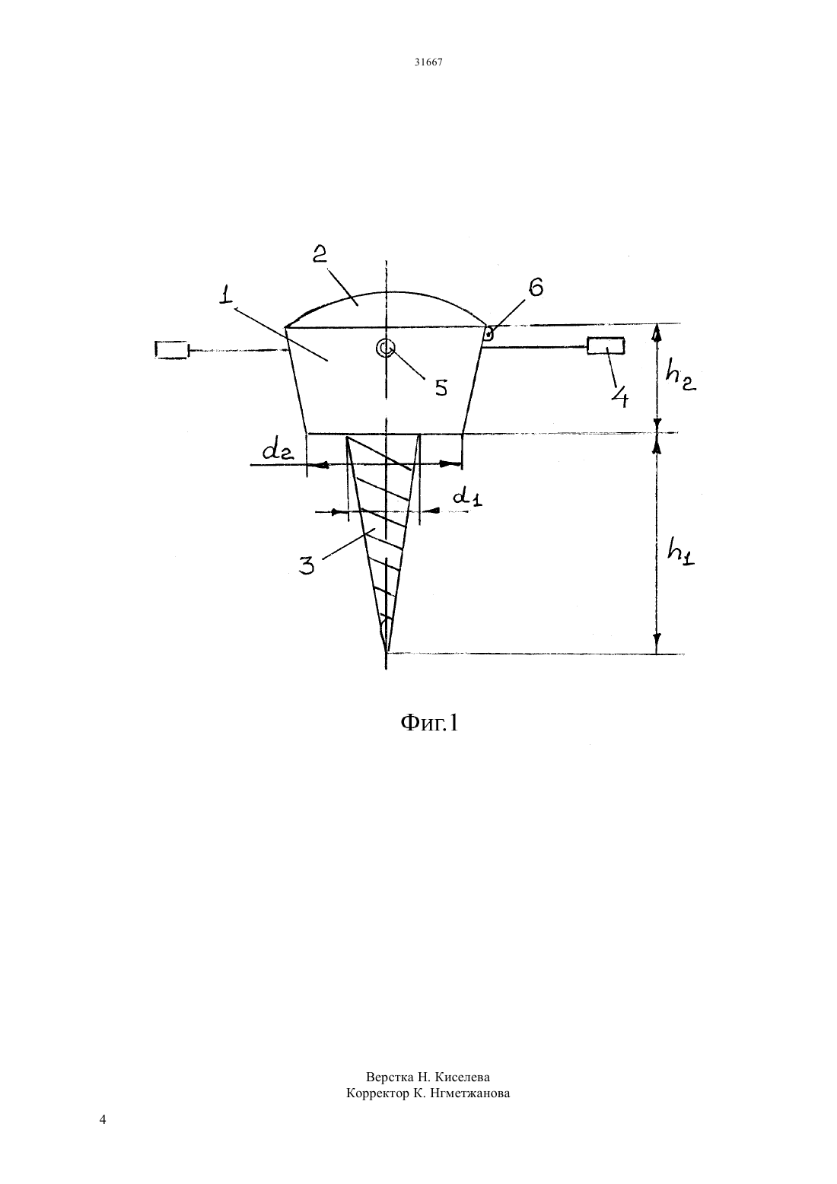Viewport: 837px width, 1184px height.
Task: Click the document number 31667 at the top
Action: tap(428, 62)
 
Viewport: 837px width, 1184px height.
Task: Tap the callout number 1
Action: tap(226, 294)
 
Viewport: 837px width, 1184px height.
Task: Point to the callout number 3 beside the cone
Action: tap(307, 565)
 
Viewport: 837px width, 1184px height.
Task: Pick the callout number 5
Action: tap(440, 387)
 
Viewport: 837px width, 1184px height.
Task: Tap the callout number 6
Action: tap(535, 288)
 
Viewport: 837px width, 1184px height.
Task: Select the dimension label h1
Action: tap(680, 552)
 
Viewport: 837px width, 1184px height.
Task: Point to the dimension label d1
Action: tap(468, 496)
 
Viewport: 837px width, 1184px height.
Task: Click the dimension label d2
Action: tap(278, 450)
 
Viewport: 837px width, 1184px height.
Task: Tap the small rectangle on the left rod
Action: tap(172, 350)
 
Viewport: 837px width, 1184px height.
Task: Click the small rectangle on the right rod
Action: tap(606, 346)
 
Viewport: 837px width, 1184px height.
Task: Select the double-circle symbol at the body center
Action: tap(386, 348)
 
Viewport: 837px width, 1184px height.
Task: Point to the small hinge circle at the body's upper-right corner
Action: tap(489, 334)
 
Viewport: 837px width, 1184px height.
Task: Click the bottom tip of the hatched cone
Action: tap(387, 651)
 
